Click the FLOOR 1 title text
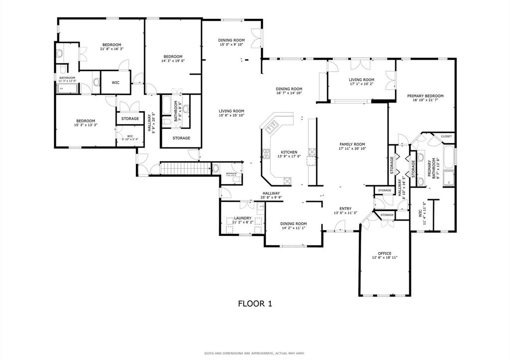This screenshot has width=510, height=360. (x=255, y=303)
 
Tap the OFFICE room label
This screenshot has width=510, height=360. (x=384, y=253)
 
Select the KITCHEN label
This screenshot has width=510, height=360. (x=289, y=152)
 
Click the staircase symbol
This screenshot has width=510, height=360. (x=183, y=168)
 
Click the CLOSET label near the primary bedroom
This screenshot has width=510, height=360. (x=446, y=136)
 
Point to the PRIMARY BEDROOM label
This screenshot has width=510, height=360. (x=425, y=96)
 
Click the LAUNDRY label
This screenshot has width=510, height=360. (x=243, y=218)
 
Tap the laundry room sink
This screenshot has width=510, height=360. (x=259, y=212)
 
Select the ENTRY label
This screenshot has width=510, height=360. (x=345, y=209)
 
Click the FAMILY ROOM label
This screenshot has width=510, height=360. (x=352, y=144)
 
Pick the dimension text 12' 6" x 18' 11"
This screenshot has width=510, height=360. (x=384, y=258)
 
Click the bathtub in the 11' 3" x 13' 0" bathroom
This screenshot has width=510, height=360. (x=66, y=89)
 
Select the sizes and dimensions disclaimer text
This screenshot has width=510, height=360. (x=255, y=354)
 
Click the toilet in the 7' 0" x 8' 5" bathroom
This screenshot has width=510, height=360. (x=169, y=121)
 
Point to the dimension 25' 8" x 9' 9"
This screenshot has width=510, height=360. (x=271, y=198)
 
